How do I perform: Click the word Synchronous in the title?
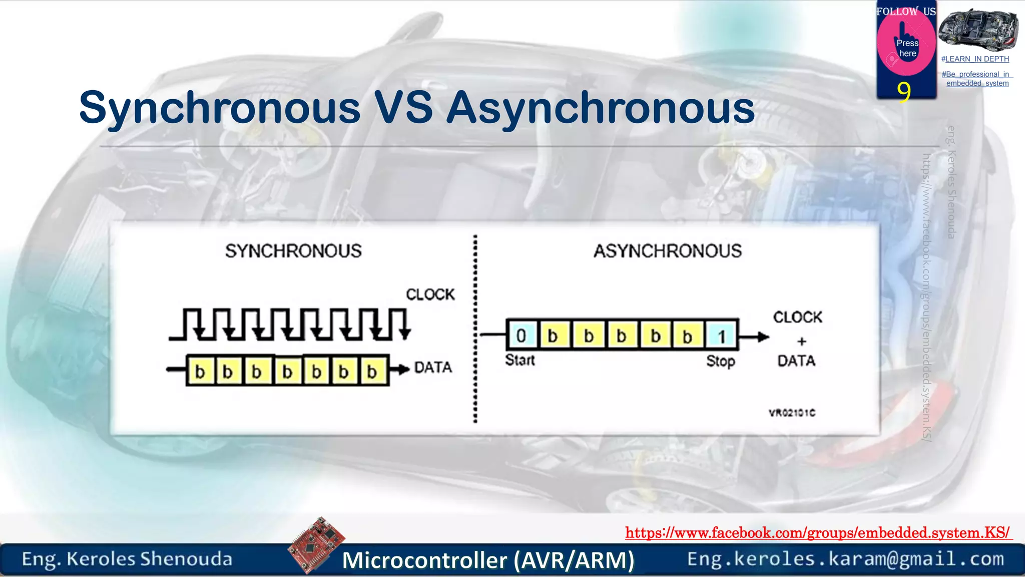[x=219, y=107]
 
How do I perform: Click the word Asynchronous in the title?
[x=600, y=107]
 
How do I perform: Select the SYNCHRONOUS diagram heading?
[x=293, y=251]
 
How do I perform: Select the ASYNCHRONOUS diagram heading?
[x=667, y=251]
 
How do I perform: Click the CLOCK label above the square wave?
[x=430, y=295]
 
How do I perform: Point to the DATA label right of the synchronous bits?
[x=433, y=368]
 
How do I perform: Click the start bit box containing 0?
[x=522, y=336]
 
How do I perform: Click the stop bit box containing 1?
[x=721, y=336]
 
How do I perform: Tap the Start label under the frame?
[x=520, y=360]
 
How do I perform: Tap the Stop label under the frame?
[x=720, y=361]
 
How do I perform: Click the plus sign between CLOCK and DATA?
[x=802, y=341]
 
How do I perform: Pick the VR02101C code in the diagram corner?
[x=792, y=413]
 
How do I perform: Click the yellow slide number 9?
[x=903, y=92]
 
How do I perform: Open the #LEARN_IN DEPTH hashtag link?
[x=975, y=59]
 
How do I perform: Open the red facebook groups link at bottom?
[x=817, y=532]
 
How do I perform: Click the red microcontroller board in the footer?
[x=316, y=544]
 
